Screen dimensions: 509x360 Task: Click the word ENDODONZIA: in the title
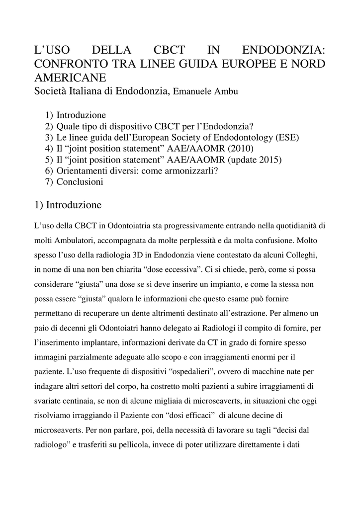click(x=283, y=51)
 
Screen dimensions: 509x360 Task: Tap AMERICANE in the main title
click(x=70, y=78)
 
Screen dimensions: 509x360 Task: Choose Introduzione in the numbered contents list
click(x=81, y=115)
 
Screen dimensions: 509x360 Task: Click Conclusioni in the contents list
click(x=80, y=182)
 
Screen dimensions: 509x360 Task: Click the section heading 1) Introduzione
click(x=68, y=205)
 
